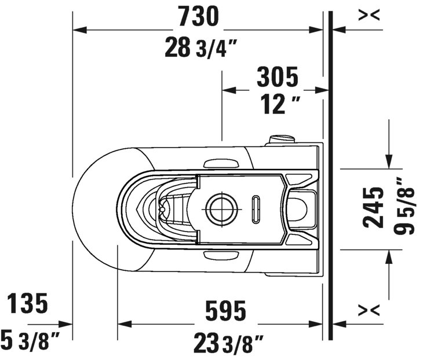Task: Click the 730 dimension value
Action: tap(198, 17)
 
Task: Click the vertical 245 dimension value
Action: tap(374, 207)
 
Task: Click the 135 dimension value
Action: tap(27, 303)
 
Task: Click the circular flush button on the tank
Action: tap(220, 208)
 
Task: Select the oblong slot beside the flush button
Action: tap(256, 208)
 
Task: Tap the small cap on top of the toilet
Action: tap(282, 139)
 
